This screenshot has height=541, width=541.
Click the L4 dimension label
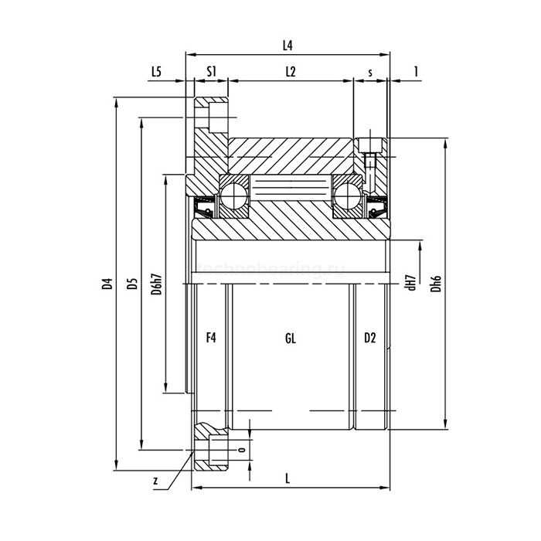[288, 46]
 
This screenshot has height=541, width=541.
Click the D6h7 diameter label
[157, 284]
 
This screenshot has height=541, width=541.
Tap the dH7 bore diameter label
[412, 283]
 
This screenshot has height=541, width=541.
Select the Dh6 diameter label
[437, 284]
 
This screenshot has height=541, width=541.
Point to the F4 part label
[210, 338]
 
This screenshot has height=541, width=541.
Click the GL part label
[291, 338]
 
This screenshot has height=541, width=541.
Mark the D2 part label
[369, 338]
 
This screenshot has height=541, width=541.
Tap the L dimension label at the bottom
[288, 478]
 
